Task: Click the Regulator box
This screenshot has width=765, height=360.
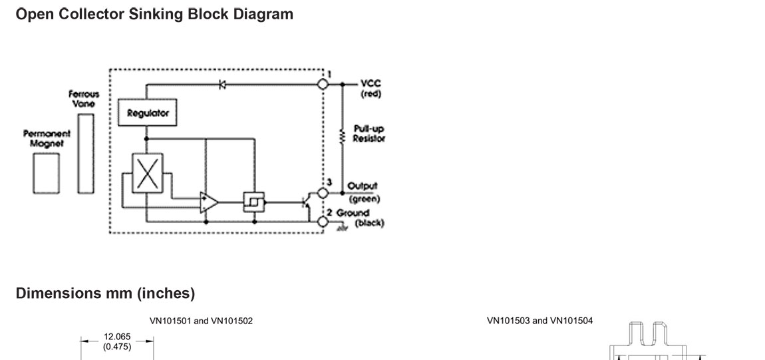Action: tap(148, 112)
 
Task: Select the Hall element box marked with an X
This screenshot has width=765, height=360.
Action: tap(147, 173)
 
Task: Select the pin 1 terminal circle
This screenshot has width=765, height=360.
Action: tap(323, 85)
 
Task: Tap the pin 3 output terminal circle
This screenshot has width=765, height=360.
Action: tap(323, 193)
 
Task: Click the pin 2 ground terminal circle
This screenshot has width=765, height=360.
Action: tap(323, 221)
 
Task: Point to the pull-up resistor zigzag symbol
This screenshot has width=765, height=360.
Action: tap(343, 137)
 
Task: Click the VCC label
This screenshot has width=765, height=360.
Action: tap(371, 85)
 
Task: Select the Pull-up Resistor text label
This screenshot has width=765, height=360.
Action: tap(369, 133)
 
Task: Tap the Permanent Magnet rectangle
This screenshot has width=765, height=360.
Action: tap(46, 174)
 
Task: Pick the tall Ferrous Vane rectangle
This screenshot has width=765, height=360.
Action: tap(84, 152)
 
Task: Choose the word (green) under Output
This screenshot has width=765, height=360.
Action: tap(364, 198)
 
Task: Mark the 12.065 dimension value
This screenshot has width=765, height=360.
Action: tap(117, 337)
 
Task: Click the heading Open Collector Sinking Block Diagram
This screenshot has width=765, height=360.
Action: tap(154, 14)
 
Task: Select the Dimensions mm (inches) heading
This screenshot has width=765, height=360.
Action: tap(105, 293)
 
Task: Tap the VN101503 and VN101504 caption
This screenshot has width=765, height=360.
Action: tap(539, 321)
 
